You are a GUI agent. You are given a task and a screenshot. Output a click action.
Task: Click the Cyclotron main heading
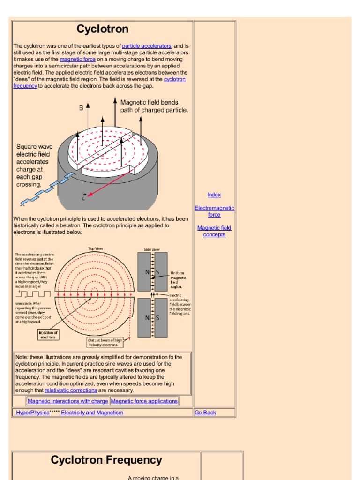[102, 29]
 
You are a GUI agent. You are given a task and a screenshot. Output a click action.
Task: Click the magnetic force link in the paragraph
[78, 60]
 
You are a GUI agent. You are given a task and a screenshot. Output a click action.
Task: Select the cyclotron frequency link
[174, 79]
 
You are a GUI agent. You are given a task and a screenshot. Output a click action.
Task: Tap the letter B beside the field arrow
[81, 108]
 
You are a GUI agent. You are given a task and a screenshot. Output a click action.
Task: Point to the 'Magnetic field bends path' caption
[154, 106]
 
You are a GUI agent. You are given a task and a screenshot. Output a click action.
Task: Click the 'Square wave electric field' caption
[34, 165]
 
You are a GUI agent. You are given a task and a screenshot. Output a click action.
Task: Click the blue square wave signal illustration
[47, 190]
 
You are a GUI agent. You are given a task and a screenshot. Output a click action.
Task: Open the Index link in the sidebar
[214, 195]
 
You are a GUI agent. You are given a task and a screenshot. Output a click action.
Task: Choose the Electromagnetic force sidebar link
[214, 211]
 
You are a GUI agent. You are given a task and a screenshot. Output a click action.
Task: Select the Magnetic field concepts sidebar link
[214, 231]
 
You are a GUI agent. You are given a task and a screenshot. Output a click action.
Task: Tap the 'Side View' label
[152, 249]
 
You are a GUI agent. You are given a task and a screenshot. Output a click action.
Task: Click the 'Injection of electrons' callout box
[48, 334]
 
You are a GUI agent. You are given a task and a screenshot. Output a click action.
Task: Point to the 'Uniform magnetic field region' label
[177, 279]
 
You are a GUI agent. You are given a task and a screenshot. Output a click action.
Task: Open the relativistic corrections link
[71, 390]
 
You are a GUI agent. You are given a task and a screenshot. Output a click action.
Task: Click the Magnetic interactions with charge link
[67, 401]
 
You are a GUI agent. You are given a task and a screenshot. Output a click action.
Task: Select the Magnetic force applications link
[144, 401]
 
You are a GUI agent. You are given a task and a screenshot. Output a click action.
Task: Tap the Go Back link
[205, 412]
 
